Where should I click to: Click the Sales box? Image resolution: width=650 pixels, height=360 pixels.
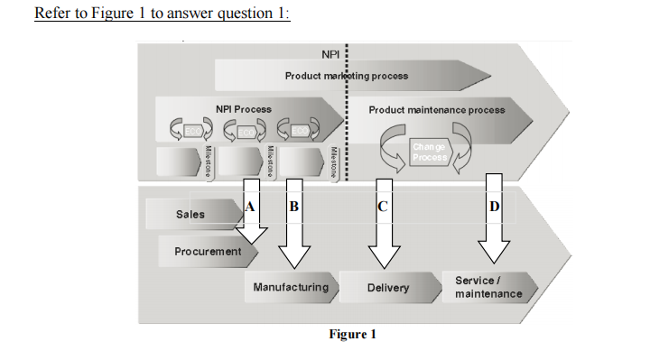190,215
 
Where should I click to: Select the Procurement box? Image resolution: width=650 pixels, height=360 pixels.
208,251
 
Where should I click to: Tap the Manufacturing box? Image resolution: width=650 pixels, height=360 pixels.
291,287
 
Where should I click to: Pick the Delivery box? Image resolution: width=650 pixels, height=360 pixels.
388,288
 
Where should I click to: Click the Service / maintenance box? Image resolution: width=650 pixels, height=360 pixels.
487,288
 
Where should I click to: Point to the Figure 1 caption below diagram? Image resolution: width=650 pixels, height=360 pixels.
352,335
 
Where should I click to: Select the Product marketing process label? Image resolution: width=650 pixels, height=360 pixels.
347,76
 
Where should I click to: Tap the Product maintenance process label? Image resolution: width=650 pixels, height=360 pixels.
437,109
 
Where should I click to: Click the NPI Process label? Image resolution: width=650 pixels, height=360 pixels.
244,109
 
